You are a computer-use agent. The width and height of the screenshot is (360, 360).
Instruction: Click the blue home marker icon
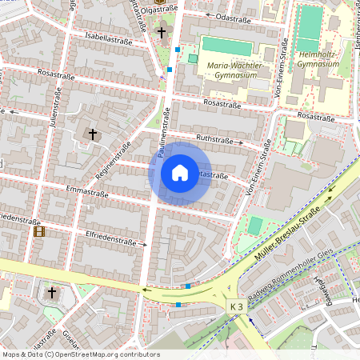[x=179, y=172]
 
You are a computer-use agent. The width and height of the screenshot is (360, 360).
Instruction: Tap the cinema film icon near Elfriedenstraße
[x=38, y=232]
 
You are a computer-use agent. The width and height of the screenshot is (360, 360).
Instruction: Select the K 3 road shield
[x=235, y=306]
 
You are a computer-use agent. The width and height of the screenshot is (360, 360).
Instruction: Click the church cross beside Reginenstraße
[x=93, y=134]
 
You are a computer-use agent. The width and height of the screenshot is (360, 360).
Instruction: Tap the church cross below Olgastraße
[x=162, y=33]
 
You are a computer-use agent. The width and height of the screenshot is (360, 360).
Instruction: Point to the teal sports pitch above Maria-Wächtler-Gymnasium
[x=226, y=46]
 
